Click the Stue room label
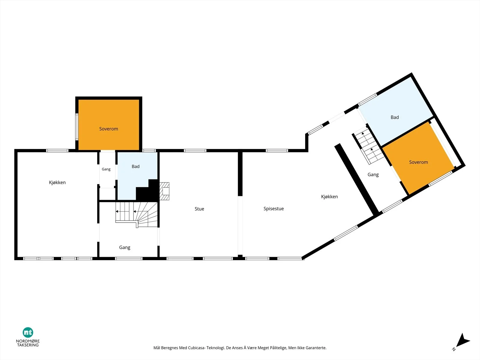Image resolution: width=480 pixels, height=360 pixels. tap(199, 209)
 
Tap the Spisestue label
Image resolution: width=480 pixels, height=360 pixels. tap(274, 209)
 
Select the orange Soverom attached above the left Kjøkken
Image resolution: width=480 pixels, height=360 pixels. tap(109, 125)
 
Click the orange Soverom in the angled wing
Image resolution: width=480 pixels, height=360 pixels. tap(418, 158)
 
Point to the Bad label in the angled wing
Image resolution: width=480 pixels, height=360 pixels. tap(395, 117)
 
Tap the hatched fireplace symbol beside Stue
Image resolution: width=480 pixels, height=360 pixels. tap(164, 191)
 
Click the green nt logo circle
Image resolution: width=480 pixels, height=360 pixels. tap(28, 332)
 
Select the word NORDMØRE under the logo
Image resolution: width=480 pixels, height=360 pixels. tap(28, 341)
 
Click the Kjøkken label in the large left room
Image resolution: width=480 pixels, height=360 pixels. tap(57, 182)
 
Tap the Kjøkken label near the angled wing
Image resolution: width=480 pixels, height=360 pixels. tap(329, 197)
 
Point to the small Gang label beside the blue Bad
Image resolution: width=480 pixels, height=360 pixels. tap(106, 169)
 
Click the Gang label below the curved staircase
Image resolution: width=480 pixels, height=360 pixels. tap(124, 247)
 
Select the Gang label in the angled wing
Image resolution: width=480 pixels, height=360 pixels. tap(373, 175)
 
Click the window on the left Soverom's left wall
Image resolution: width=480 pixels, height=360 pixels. tap(77, 127)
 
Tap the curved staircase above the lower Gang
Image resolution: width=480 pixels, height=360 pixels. tap(136, 214)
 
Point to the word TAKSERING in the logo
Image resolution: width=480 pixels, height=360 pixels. tap(28, 345)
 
